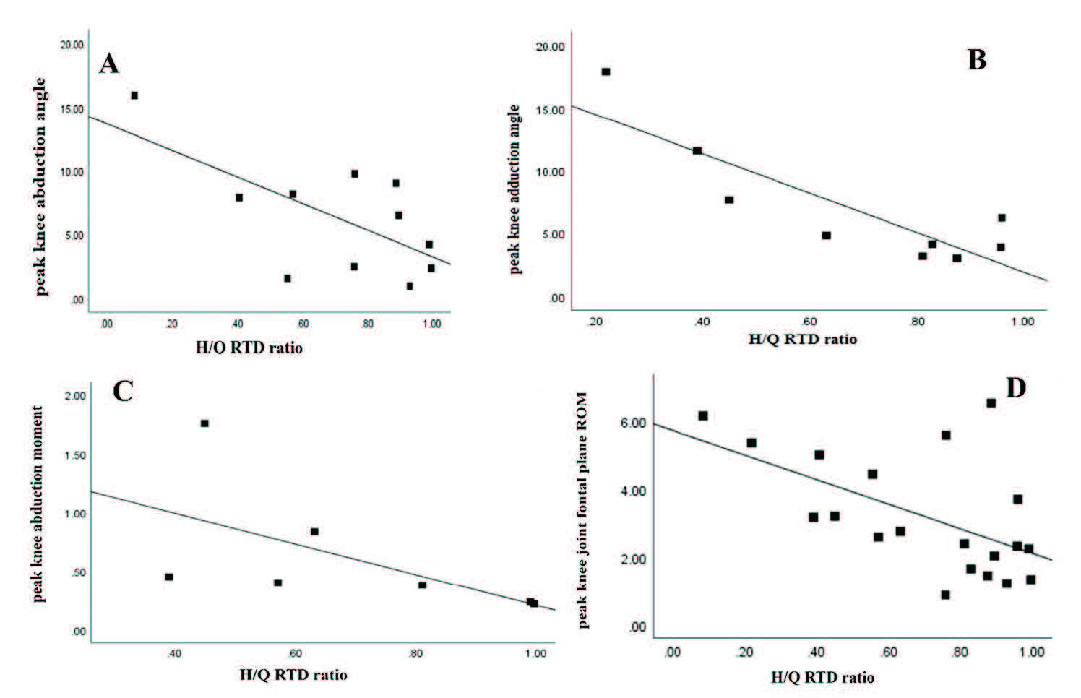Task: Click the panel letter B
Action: coord(976,60)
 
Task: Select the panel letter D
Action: coord(1015,388)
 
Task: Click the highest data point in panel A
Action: coord(134,95)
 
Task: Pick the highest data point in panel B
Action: coord(606,72)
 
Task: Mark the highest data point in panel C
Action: coord(204,423)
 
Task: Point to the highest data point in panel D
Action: coord(991,403)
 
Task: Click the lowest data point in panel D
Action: coord(945,595)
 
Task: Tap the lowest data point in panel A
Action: coord(409,286)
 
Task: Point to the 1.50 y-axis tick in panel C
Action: coord(75,455)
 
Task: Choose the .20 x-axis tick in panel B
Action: coord(595,322)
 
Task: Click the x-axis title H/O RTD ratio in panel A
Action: coord(249,348)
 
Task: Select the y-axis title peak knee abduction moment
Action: coord(38,504)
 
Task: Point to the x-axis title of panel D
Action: coord(822,677)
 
